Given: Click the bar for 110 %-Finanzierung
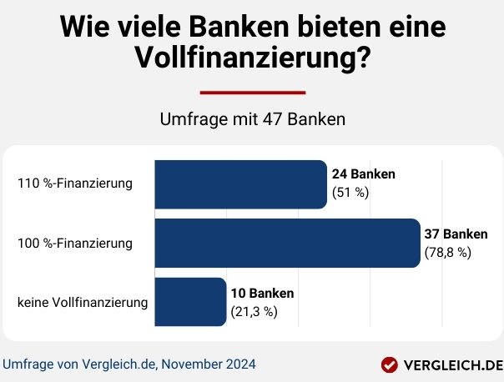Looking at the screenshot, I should pyautogui.click(x=239, y=184).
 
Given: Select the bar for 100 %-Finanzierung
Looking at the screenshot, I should pyautogui.click(x=286, y=244).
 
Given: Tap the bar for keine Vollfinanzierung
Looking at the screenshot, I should pyautogui.click(x=189, y=302).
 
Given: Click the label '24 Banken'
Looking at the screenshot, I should pyautogui.click(x=363, y=174).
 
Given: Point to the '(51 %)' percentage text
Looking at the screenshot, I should pyautogui.click(x=350, y=194).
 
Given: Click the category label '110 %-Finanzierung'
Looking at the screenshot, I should pyautogui.click(x=75, y=183).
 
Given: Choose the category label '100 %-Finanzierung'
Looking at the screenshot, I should pyautogui.click(x=75, y=244).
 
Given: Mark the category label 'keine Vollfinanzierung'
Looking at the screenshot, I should pyautogui.click(x=83, y=302).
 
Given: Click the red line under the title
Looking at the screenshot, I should pyautogui.click(x=252, y=93).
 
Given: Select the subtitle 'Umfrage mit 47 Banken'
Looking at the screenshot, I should pyautogui.click(x=252, y=119).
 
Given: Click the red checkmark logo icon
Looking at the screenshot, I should pyautogui.click(x=389, y=364).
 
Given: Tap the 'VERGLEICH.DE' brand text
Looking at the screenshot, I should pyautogui.click(x=452, y=364).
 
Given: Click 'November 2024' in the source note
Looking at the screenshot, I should pyautogui.click(x=209, y=364).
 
